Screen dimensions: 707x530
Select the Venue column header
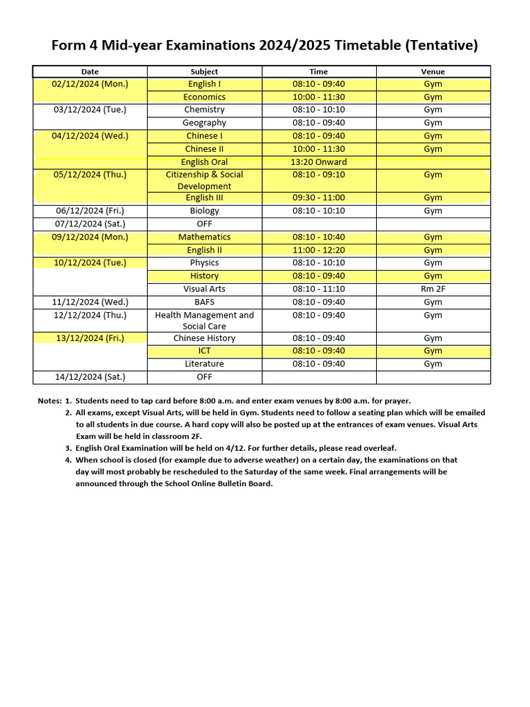coord(433,72)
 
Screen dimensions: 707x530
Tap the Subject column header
coord(204,72)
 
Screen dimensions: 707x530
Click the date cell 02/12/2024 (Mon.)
coord(90,84)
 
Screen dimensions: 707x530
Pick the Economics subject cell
coord(204,97)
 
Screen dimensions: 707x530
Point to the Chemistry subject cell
coord(204,110)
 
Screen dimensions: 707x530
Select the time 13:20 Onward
coord(319,162)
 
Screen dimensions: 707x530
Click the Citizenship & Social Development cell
coord(204,180)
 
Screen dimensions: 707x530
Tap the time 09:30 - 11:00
coord(319,198)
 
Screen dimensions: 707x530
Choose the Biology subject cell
coord(204,211)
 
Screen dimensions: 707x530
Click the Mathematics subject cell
coord(204,237)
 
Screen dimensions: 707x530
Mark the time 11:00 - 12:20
coord(319,250)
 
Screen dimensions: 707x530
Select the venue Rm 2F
coord(433,289)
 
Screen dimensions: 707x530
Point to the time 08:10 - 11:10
coord(319,289)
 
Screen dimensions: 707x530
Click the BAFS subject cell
coord(204,302)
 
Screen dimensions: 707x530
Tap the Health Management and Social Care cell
coord(204,320)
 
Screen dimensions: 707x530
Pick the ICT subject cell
coord(204,351)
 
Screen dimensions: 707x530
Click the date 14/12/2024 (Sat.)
coord(90,377)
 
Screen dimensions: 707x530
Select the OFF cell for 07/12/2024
coord(204,224)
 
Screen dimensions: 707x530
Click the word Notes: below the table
coord(50,400)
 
